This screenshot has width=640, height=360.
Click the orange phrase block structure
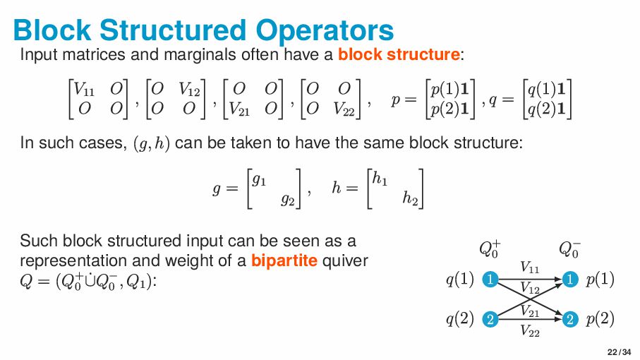click(399, 54)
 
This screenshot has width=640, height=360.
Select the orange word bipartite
click(284, 260)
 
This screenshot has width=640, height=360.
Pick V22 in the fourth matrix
click(347, 109)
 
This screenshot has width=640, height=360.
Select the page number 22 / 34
click(619, 352)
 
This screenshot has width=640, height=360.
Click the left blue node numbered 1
click(489, 280)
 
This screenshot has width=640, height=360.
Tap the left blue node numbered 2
click(489, 319)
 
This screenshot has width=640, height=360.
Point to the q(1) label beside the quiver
click(459, 280)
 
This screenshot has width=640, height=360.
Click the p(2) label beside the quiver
click(600, 319)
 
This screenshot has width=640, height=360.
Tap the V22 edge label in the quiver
click(530, 330)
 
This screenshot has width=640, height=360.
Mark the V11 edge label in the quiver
click(530, 267)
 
